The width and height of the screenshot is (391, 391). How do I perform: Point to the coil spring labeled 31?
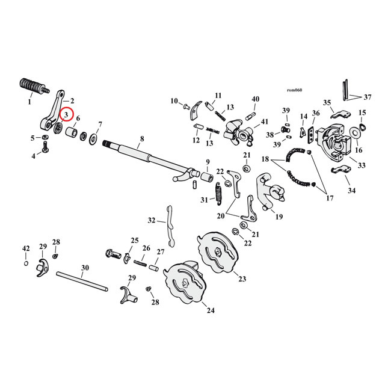220,195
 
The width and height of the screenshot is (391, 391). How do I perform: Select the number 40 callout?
255,99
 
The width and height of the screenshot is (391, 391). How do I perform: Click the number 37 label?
368,96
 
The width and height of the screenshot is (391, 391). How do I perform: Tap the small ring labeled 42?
25,263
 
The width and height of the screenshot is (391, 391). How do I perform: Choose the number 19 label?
279,216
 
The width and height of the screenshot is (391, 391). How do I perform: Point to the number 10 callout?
174,100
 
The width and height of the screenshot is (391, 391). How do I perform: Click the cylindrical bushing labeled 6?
70,132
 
